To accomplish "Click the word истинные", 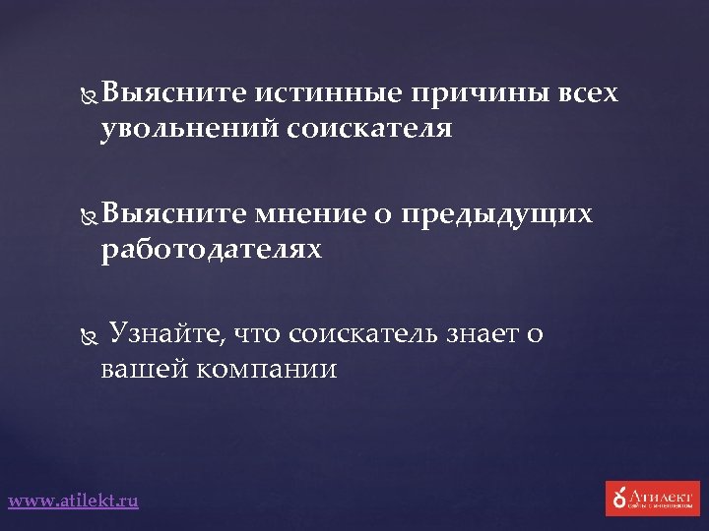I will pyautogui.click(x=329, y=94).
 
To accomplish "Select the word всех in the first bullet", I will pyautogui.click(x=588, y=94).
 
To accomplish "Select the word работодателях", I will pyautogui.click(x=211, y=251).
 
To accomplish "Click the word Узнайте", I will pyautogui.click(x=164, y=334).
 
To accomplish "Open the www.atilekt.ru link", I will pyautogui.click(x=74, y=501).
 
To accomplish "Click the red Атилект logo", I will pyautogui.click(x=652, y=499).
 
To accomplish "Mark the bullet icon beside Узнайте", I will pyautogui.click(x=86, y=335).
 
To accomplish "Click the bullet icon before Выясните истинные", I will pyautogui.click(x=86, y=95).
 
